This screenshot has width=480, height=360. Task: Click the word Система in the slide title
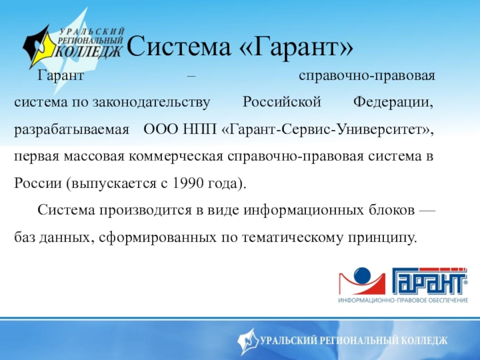[179, 47]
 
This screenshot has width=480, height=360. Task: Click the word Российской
[281, 102]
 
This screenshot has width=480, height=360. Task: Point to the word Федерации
[394, 103]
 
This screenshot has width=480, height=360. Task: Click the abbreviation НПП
[199, 129]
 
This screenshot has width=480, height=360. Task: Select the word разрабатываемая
[71, 130]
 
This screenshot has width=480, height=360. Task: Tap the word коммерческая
[176, 157]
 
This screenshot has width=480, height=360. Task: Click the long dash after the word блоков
[427, 211]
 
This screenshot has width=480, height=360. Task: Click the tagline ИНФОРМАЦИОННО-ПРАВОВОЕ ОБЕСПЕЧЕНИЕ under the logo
[403, 300]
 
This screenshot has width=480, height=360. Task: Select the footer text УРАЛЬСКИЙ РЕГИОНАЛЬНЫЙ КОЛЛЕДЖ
[353, 340]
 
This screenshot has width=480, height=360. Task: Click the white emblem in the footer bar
[248, 341]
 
